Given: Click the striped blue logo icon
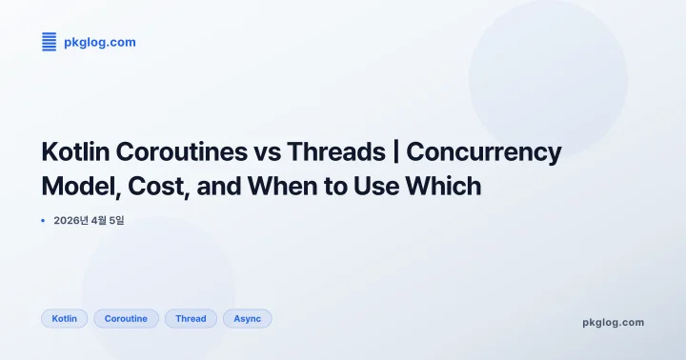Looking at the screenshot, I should [50, 41].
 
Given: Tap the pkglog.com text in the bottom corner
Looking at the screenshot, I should [613, 322].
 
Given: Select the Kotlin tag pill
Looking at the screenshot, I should [65, 318].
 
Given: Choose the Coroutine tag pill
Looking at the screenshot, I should [126, 318].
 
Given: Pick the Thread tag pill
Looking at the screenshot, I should [191, 318].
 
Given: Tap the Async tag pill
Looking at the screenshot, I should [247, 318].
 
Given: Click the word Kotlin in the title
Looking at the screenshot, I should [73, 151].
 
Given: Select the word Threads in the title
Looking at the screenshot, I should [334, 151].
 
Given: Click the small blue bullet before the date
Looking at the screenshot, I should [44, 221].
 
